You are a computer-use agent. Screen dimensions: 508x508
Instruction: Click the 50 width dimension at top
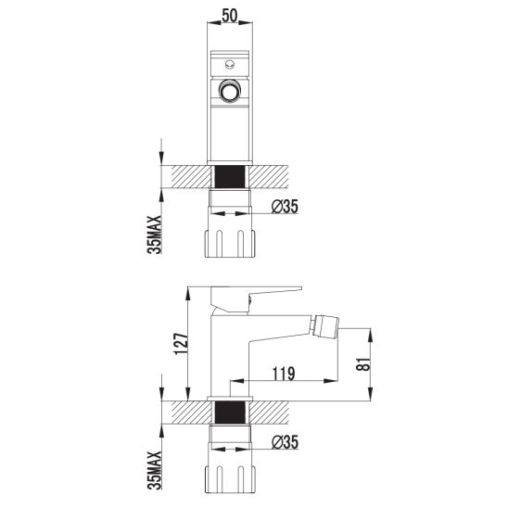click(x=231, y=17)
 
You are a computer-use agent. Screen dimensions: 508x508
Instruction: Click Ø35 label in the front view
click(x=285, y=208)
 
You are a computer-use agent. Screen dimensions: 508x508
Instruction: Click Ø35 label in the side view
click(x=285, y=444)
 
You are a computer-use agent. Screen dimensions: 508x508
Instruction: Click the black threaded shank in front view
click(x=231, y=175)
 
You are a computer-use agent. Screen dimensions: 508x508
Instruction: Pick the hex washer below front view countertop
click(x=231, y=198)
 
